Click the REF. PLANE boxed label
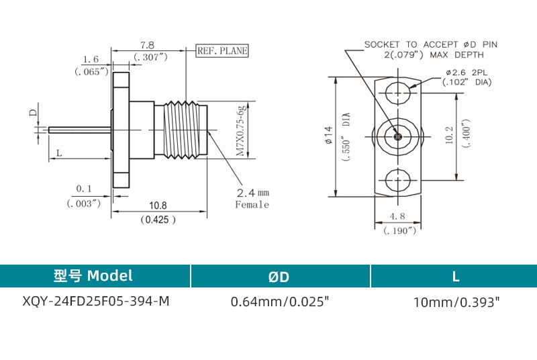222,50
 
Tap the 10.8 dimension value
158,206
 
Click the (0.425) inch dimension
158,219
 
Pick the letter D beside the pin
32,114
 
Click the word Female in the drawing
252,205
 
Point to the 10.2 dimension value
449,136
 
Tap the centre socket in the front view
398,136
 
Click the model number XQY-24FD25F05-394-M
96,301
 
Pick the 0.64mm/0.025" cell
280,302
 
